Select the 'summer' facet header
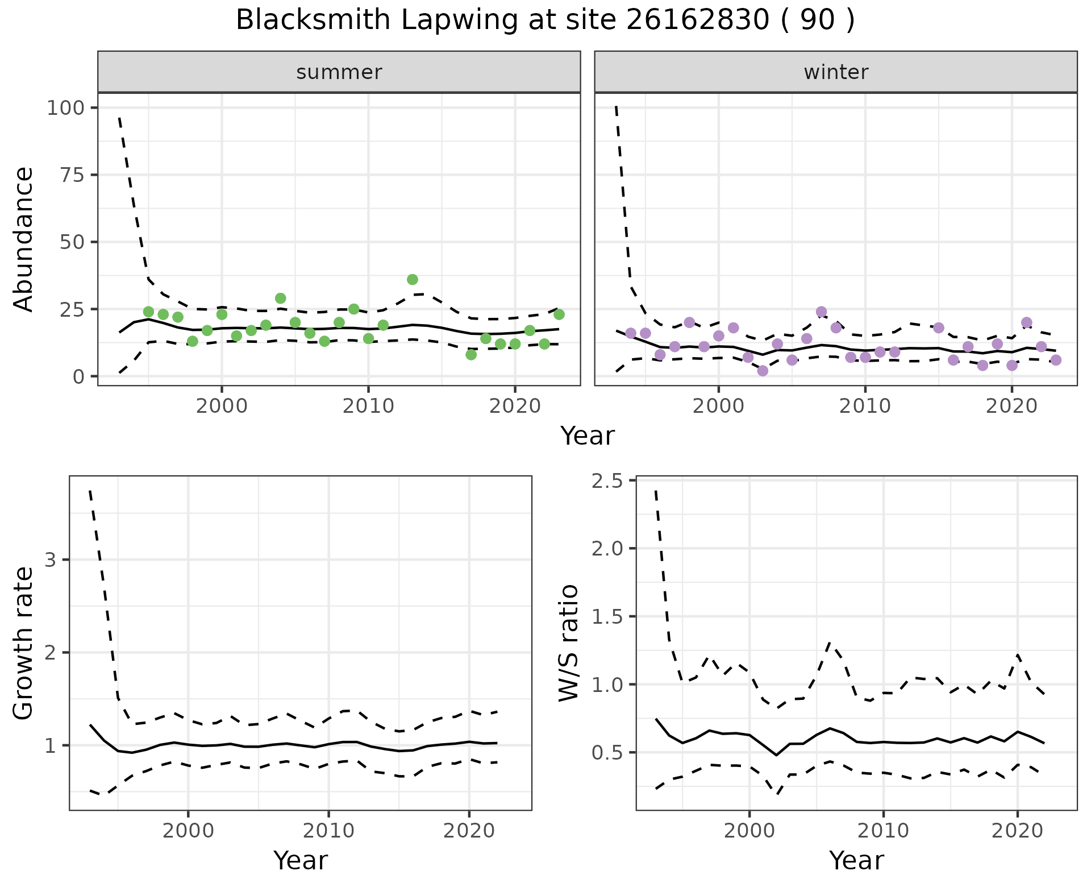pos(339,72)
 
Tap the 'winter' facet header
pos(835,72)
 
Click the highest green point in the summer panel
pos(413,279)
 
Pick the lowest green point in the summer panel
pos(471,354)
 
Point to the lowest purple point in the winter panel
pos(763,371)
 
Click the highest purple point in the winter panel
pos(821,312)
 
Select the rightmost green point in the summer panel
pos(559,314)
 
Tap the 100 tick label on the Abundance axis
pos(64,108)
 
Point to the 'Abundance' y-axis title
pos(24,239)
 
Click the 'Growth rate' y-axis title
pos(24,643)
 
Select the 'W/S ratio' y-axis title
pos(568,643)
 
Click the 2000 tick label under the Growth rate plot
pos(188,831)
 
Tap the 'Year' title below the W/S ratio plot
pos(856,860)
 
